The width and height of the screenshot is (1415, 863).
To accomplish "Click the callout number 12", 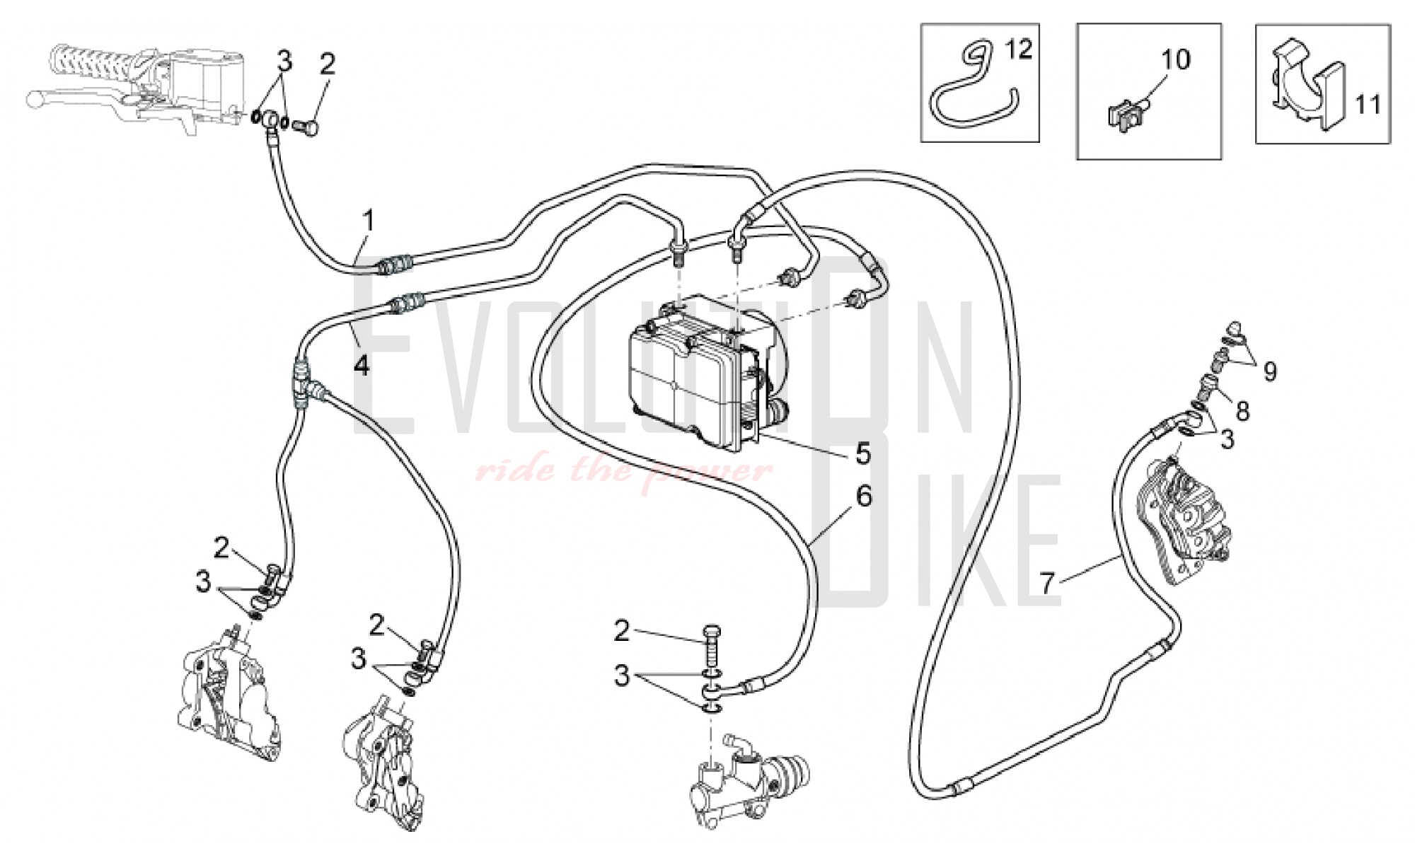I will coord(1020,50).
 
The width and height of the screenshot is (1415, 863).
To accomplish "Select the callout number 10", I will coord(1175,59).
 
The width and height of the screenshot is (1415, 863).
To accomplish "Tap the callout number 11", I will coord(1367,105).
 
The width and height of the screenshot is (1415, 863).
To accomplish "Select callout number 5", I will coord(862,453).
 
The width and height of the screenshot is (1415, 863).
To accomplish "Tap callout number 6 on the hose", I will coord(864,497).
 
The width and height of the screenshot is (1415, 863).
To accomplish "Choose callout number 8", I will coord(1242,410).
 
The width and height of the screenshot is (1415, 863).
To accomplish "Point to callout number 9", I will coord(1270,371).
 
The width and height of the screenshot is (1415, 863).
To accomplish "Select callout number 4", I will coord(362,366).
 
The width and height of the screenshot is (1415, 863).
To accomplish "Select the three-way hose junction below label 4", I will coord(303,386).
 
